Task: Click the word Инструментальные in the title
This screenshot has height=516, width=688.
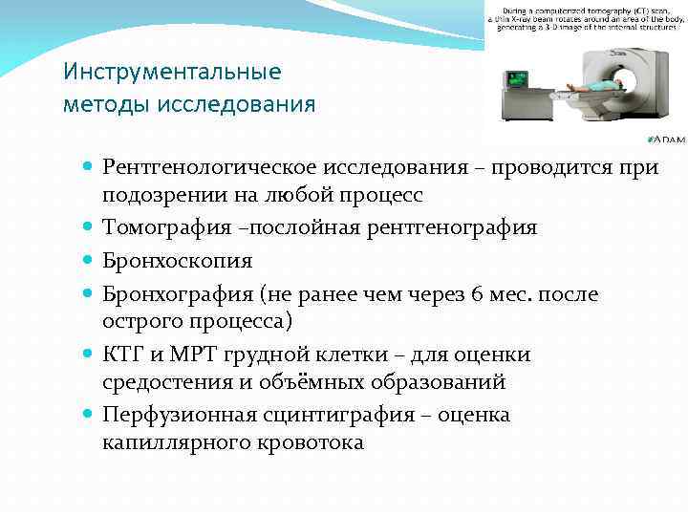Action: tap(172, 72)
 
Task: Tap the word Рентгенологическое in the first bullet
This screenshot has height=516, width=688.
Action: tap(211, 168)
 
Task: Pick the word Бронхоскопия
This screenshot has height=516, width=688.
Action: tap(178, 261)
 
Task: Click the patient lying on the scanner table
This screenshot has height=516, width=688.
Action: tap(592, 87)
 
